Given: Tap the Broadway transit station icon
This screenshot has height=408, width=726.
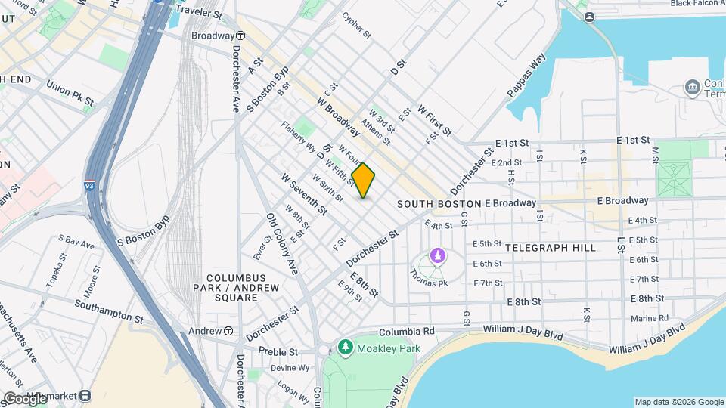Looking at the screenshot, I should click(240, 36).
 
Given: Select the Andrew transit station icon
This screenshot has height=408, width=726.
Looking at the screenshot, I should click(228, 331).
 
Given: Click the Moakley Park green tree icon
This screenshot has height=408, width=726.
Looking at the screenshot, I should click(346, 347).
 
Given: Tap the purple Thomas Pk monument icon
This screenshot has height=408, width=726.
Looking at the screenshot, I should click(437, 255).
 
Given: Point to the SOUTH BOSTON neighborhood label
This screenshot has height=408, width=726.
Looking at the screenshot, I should click(439, 204).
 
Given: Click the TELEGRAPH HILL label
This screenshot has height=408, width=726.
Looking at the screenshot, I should click(550, 248).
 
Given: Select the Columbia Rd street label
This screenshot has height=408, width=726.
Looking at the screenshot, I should click(406, 331).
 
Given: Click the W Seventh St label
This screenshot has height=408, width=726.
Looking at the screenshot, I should click(303, 193).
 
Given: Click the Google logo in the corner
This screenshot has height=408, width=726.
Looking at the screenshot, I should click(24, 398).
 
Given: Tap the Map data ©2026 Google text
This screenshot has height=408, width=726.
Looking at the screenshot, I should click(678, 402).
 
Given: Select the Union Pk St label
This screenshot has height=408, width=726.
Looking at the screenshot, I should click(70, 93).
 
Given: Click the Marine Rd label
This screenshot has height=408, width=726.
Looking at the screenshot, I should click(650, 318).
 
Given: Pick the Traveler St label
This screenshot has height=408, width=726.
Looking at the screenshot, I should click(199, 13).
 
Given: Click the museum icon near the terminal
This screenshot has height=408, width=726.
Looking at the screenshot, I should click(692, 87).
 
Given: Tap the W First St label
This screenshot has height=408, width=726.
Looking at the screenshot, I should click(434, 120).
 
